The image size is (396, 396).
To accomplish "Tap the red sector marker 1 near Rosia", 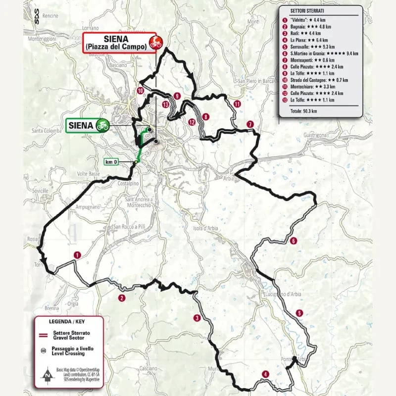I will pos(77,254).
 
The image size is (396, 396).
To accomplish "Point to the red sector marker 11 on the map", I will pos(238,104).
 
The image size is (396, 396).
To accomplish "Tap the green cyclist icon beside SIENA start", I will pos(103,125).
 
